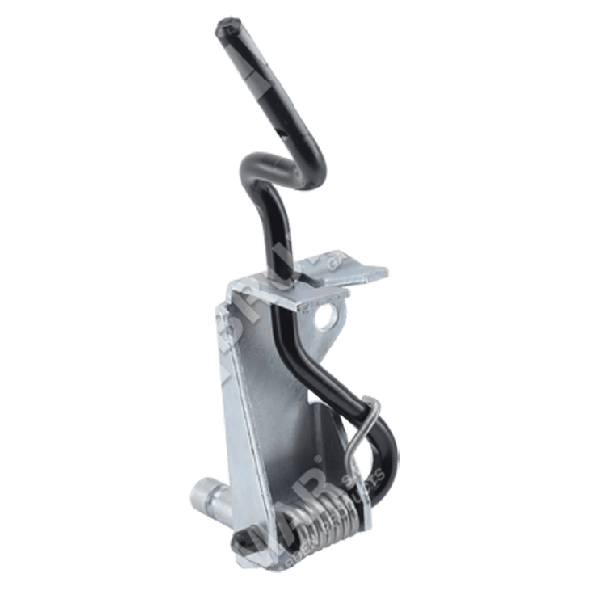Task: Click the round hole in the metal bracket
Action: point(325,316)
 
